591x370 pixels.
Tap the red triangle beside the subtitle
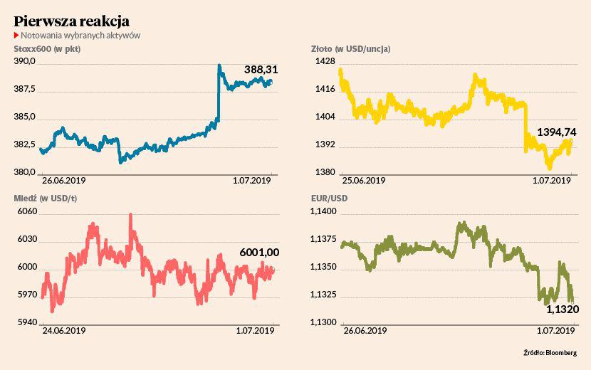pyautogui.click(x=16, y=35)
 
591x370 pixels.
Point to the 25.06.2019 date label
pyautogui.click(x=365, y=181)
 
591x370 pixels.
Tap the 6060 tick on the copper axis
pyautogui.click(x=26, y=211)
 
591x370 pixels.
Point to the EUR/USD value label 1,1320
pyautogui.click(x=562, y=310)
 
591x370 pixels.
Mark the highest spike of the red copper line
pyautogui.click(x=130, y=216)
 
